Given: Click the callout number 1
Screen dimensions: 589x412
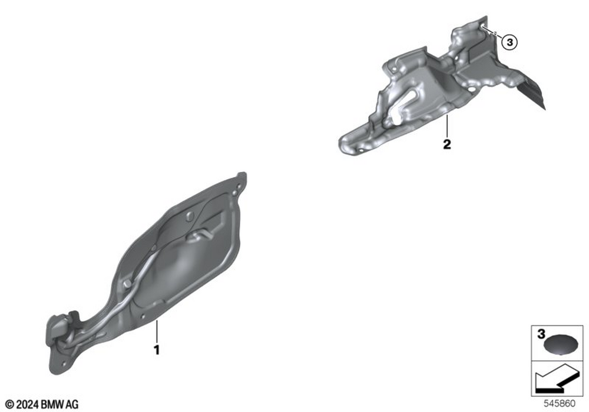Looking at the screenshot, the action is point(157,350).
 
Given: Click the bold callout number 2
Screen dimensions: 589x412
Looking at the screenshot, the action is point(446,144).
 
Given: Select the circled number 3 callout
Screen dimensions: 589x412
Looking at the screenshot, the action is point(509,42).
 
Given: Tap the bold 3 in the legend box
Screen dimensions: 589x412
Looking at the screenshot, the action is point(541,334).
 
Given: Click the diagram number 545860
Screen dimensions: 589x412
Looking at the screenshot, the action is point(560,404).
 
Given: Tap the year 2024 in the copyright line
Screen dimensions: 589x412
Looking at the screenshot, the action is point(28,404).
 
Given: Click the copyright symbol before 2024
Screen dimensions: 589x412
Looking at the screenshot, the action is point(10,404).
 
